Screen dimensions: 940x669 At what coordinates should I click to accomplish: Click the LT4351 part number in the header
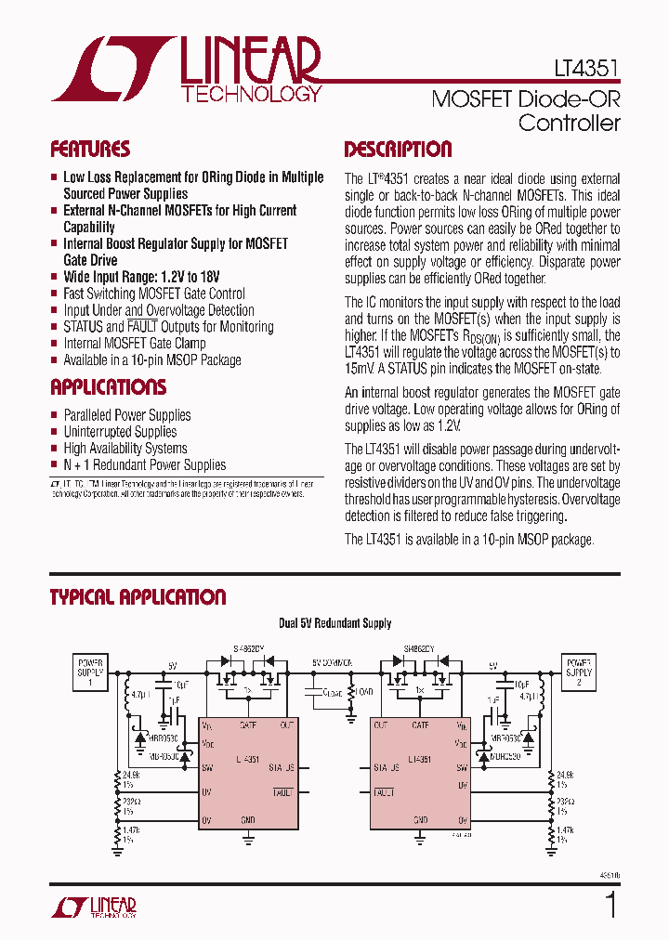[581, 69]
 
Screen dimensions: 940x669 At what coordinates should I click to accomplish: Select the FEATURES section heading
[89, 150]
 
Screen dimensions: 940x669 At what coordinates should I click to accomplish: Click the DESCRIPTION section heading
[398, 150]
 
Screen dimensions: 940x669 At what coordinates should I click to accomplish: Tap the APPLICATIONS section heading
[108, 387]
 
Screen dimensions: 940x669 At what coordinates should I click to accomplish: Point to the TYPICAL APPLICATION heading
[138, 597]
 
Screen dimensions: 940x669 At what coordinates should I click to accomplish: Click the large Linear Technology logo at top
[187, 69]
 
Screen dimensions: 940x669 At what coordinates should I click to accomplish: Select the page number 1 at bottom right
[610, 904]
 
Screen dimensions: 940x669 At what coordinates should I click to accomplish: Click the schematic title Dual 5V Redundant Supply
[334, 623]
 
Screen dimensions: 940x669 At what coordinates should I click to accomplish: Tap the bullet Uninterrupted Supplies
[120, 432]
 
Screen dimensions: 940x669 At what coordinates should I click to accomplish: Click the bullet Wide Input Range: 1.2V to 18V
[141, 277]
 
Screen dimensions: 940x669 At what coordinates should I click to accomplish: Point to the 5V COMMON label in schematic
[332, 663]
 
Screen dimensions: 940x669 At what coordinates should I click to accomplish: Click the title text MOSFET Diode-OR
[525, 99]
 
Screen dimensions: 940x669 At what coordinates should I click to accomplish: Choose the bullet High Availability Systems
[125, 449]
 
